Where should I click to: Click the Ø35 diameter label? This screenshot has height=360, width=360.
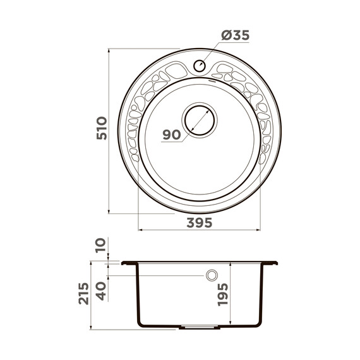pos(236,35)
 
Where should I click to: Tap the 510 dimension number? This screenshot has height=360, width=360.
pos(102,128)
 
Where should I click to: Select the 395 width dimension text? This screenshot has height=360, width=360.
pos(200,223)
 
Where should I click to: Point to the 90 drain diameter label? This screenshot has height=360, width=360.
pos(172,135)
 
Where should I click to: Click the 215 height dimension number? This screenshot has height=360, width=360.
pos(83,294)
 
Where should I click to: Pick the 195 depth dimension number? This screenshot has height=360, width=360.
pos(223,294)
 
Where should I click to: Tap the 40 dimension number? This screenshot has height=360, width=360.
pos(101,291)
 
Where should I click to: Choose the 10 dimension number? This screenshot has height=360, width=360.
pos(101,246)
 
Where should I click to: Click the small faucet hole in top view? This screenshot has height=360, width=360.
pos(200,66)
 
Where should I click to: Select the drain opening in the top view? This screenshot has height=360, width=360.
pos(200,120)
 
